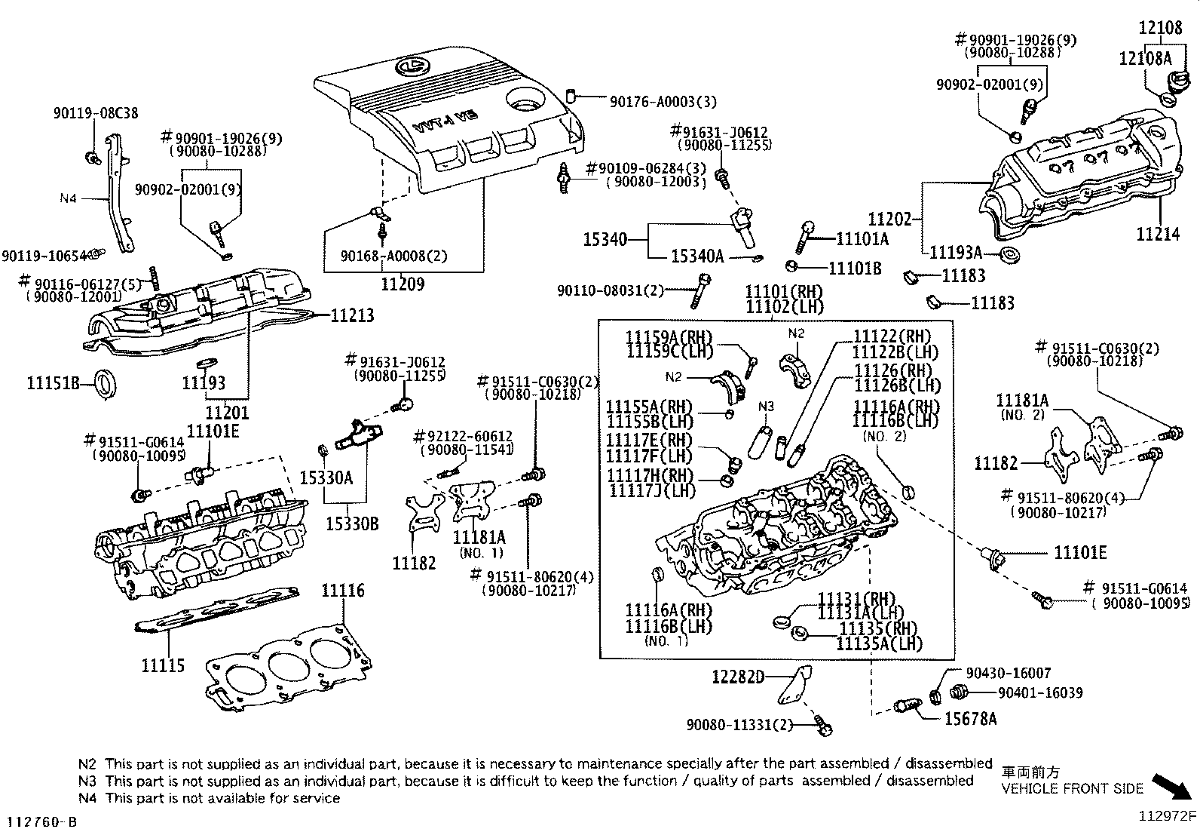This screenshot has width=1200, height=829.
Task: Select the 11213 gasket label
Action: [x=352, y=315]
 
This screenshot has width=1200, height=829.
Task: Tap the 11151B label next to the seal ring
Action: [x=54, y=383]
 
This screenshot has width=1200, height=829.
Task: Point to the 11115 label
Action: [x=162, y=665]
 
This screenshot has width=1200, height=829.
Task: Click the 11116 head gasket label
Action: [x=343, y=590]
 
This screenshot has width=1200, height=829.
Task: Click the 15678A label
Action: [x=970, y=719]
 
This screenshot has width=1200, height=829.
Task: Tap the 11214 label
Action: [x=1158, y=235]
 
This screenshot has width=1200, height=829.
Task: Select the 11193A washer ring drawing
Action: [x=1008, y=254]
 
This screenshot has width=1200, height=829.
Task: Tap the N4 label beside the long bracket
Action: [x=68, y=198]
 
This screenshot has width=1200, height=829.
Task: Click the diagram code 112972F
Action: [x=1167, y=815]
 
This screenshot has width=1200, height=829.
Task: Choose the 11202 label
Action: [x=890, y=220]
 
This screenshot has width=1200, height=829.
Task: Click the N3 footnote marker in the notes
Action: [x=87, y=781]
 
